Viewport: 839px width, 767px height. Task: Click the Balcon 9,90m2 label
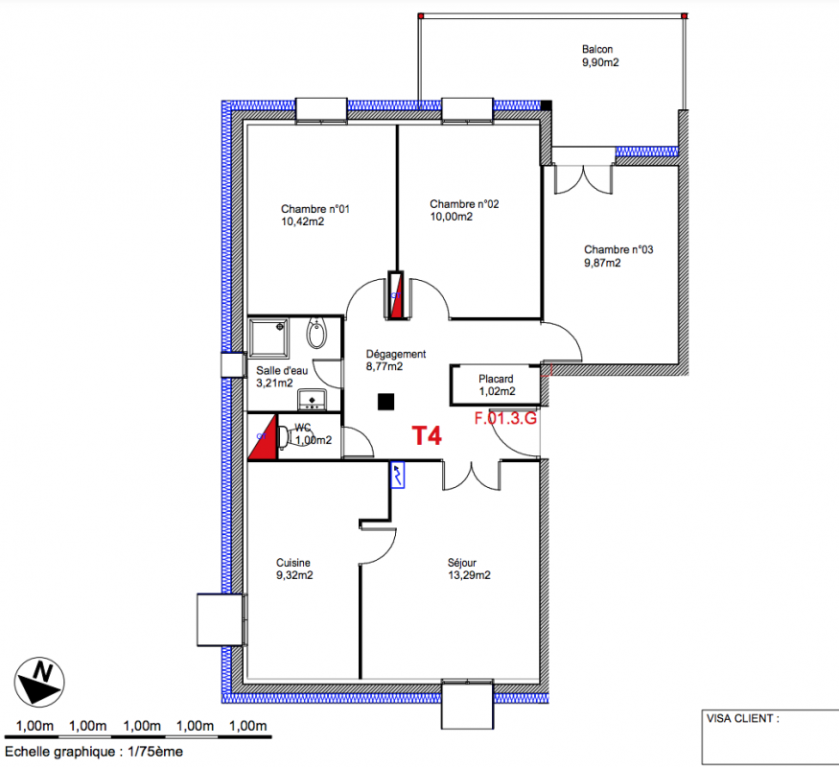click(600, 56)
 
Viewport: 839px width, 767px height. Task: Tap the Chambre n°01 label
click(315, 209)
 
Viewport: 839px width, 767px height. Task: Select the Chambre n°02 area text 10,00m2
click(452, 217)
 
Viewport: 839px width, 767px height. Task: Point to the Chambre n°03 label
click(618, 250)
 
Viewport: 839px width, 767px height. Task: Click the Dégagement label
click(396, 354)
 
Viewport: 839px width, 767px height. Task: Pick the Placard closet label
click(496, 379)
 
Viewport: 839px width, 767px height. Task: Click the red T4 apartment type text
click(427, 436)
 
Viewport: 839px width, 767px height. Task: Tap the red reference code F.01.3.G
click(505, 418)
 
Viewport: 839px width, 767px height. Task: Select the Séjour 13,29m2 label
click(469, 569)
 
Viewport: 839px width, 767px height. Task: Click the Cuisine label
click(293, 563)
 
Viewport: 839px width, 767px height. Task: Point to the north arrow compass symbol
click(39, 682)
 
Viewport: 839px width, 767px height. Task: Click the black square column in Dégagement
click(385, 402)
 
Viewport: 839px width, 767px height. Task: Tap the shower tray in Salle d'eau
click(269, 337)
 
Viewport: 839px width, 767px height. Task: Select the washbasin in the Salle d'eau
click(313, 400)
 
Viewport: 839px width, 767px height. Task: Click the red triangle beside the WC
click(263, 437)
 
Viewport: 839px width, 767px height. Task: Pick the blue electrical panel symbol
click(397, 475)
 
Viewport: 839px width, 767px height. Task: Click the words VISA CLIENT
click(742, 718)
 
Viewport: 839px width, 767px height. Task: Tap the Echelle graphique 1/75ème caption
click(94, 752)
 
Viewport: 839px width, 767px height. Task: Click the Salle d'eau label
click(282, 371)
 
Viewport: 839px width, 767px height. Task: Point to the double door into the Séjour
click(472, 476)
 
